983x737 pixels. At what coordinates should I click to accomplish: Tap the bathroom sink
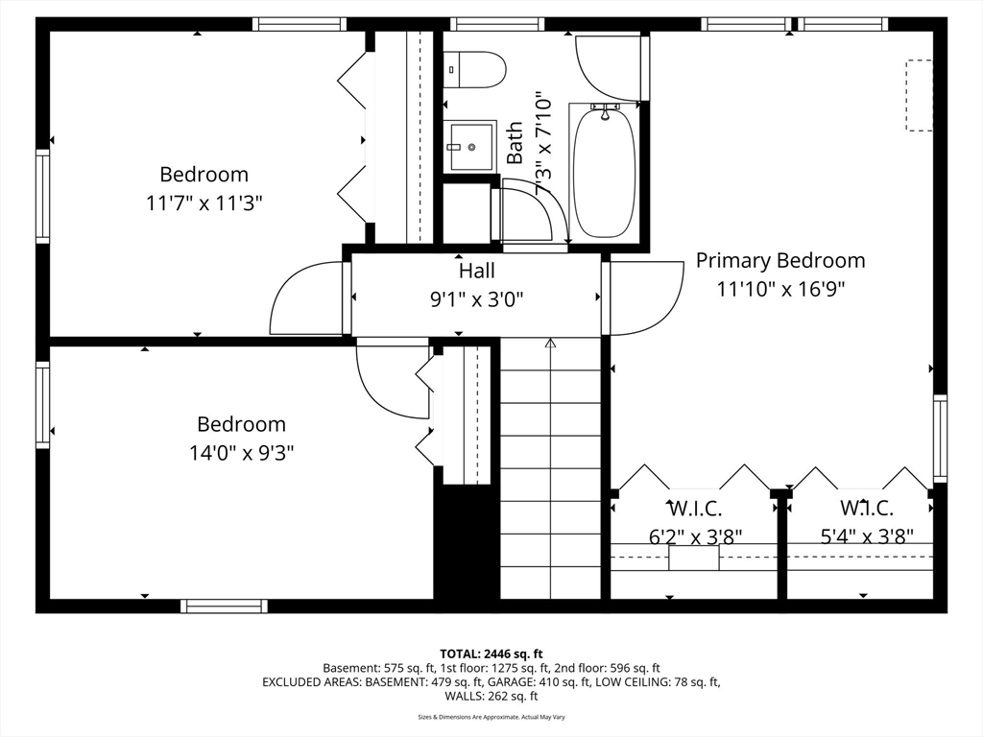point(469,147)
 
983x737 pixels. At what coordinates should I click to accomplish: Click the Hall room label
point(477,272)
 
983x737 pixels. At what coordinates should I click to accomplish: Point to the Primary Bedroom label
point(779,260)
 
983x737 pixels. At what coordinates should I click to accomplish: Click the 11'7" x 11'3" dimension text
point(204,202)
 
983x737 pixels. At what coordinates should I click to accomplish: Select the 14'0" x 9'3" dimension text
point(241,452)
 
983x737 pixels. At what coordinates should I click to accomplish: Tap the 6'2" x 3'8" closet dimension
point(695,536)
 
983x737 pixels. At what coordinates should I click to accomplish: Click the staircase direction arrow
point(550,343)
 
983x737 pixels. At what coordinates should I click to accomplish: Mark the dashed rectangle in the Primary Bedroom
point(919,95)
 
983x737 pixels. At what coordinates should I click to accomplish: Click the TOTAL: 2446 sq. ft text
point(491,654)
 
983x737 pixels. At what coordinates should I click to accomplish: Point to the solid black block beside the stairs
point(467,542)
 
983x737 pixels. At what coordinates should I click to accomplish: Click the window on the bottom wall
point(224,606)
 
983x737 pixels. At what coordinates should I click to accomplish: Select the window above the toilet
point(496,24)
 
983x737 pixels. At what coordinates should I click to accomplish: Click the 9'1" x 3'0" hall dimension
point(477,298)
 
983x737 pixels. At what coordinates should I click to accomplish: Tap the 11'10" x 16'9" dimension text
point(779,288)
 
